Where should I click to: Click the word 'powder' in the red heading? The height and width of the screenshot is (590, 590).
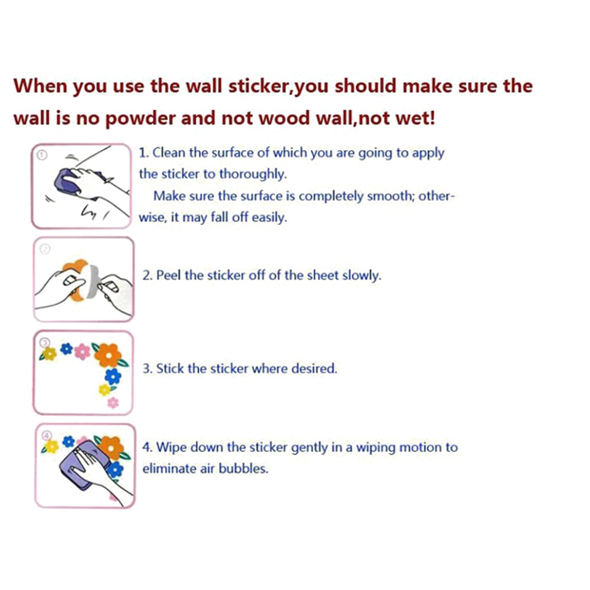coord(140,119)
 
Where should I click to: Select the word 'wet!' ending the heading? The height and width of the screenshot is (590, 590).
coord(415,118)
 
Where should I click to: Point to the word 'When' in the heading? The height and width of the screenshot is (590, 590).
coord(40,86)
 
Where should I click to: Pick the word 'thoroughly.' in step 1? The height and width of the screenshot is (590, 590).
coord(253,174)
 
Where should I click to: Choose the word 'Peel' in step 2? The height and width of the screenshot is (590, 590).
coord(168,276)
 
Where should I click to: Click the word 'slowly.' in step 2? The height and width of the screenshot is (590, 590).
coord(362,276)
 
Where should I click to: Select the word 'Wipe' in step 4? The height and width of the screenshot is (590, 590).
coord(171,448)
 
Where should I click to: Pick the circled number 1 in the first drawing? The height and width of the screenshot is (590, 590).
coord(42,155)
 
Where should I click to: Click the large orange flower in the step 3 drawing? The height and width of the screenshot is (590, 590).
coord(108,355)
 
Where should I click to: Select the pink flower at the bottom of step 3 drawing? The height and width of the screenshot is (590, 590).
coord(113,403)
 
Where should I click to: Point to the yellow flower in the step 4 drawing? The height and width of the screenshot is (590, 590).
coord(52,447)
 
